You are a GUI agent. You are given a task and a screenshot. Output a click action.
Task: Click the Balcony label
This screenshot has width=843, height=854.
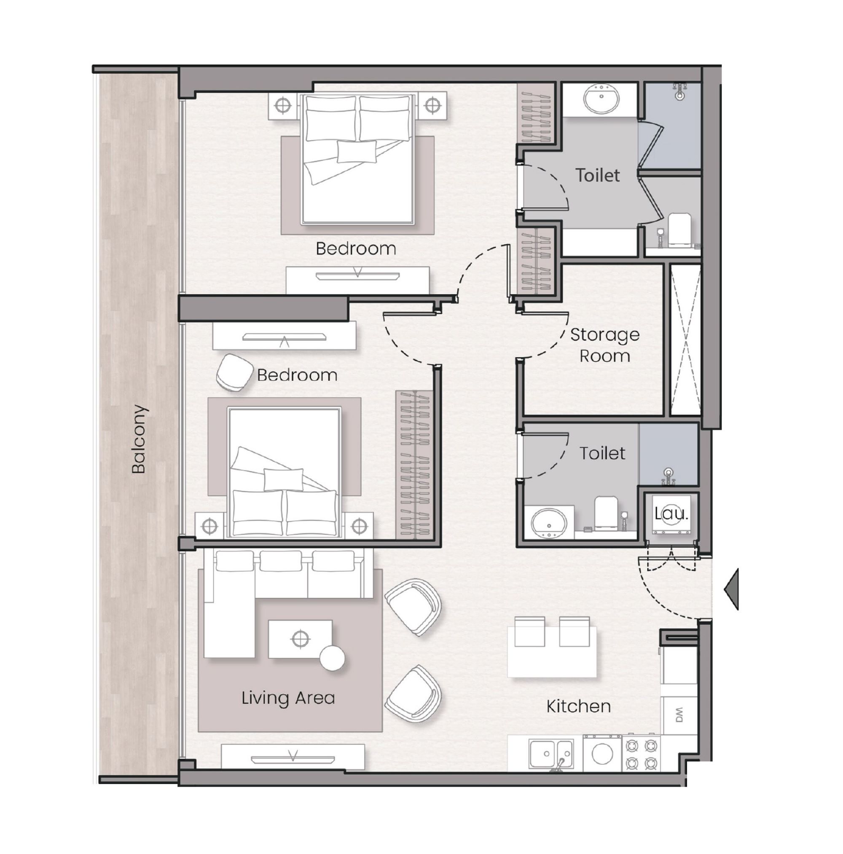click(138, 439)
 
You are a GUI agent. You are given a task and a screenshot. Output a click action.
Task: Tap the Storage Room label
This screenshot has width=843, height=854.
click(604, 345)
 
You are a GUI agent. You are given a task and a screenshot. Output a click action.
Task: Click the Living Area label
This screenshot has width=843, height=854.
click(288, 698)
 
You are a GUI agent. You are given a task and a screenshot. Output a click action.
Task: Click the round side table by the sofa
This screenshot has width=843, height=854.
click(332, 659)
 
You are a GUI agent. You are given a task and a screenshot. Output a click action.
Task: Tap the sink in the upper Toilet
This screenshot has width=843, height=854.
click(601, 99)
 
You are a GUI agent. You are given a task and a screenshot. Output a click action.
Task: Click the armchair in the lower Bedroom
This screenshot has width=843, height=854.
click(234, 372)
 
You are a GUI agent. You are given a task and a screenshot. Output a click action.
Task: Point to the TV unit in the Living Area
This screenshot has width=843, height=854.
click(293, 758)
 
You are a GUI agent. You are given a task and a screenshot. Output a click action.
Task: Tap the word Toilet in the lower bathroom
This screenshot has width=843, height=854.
click(602, 453)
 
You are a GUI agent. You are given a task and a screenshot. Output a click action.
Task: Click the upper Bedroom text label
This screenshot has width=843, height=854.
click(356, 249)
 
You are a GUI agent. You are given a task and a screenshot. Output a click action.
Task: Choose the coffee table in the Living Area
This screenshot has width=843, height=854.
click(300, 639)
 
